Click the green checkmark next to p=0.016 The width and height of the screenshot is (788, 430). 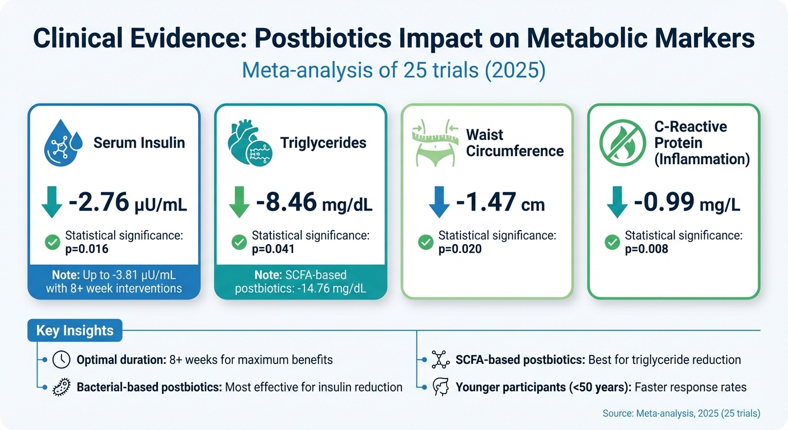point(53,242)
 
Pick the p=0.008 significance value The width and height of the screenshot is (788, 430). point(646,249)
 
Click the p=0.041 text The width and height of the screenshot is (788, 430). point(273,249)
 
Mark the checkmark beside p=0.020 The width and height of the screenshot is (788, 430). point(426,242)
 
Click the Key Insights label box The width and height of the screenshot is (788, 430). point(74,330)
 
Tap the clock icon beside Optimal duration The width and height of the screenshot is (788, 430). point(61,359)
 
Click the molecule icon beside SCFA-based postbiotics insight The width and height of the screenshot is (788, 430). point(441,359)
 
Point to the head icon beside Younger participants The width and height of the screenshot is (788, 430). point(441,387)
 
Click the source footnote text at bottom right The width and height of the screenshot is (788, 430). point(681,414)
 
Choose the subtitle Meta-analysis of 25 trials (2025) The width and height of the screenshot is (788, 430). point(393,72)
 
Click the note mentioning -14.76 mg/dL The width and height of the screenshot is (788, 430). point(301,282)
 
